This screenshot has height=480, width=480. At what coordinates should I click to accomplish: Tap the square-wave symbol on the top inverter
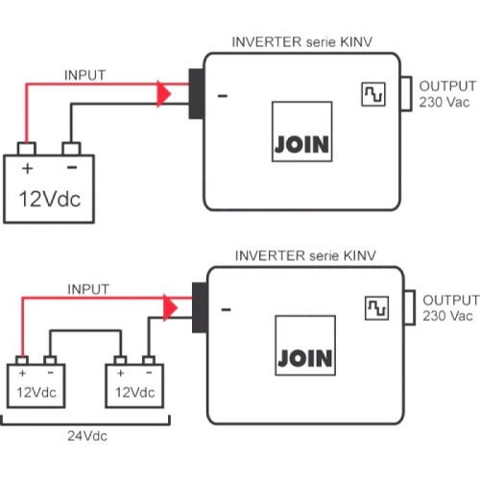(x=372, y=93)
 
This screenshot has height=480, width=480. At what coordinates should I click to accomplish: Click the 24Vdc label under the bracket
(x=86, y=434)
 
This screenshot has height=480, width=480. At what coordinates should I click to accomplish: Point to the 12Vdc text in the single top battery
(x=51, y=199)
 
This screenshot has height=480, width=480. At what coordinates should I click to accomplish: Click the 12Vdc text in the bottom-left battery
(x=36, y=394)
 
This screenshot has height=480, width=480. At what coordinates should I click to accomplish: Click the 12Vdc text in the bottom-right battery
(x=134, y=394)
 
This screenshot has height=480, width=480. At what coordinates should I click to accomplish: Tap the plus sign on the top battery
(x=27, y=169)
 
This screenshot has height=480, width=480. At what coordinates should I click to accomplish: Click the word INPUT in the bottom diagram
(x=88, y=288)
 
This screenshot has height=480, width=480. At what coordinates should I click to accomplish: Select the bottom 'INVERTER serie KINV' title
(x=304, y=256)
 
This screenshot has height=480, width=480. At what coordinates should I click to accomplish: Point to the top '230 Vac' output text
(x=445, y=101)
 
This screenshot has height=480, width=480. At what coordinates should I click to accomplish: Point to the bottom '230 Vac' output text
(x=448, y=315)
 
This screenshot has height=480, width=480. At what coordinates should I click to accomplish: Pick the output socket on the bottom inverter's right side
(x=407, y=307)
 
